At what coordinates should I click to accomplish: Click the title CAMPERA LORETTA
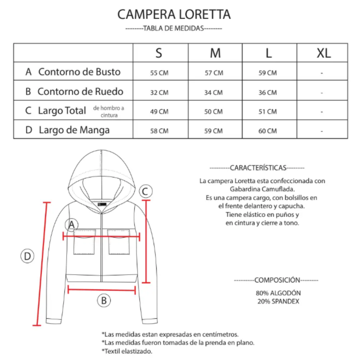point(174,14)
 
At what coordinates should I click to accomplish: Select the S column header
point(159,53)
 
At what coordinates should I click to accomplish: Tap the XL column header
point(324,53)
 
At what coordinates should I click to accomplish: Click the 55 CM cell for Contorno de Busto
point(159,73)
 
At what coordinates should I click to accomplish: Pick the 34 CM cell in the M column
point(213,92)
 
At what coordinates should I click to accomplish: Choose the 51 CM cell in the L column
point(268,111)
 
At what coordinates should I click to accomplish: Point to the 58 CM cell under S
point(159,131)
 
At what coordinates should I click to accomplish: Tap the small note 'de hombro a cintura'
point(109,111)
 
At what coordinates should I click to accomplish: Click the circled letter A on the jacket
point(72,225)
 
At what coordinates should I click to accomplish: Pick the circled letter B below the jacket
point(104,301)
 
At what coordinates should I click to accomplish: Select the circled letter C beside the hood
point(146,191)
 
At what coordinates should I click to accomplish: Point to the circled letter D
point(27,256)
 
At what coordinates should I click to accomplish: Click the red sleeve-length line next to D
point(42,264)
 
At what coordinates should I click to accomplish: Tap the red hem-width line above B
point(102,290)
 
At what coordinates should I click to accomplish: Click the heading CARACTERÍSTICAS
point(258,168)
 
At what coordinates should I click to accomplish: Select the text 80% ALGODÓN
point(278,293)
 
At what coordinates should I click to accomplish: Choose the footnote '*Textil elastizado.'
point(127,351)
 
